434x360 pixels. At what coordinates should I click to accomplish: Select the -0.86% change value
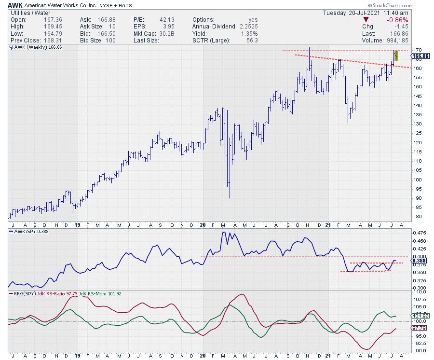398,20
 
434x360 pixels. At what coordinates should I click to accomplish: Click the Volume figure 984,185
395,41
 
